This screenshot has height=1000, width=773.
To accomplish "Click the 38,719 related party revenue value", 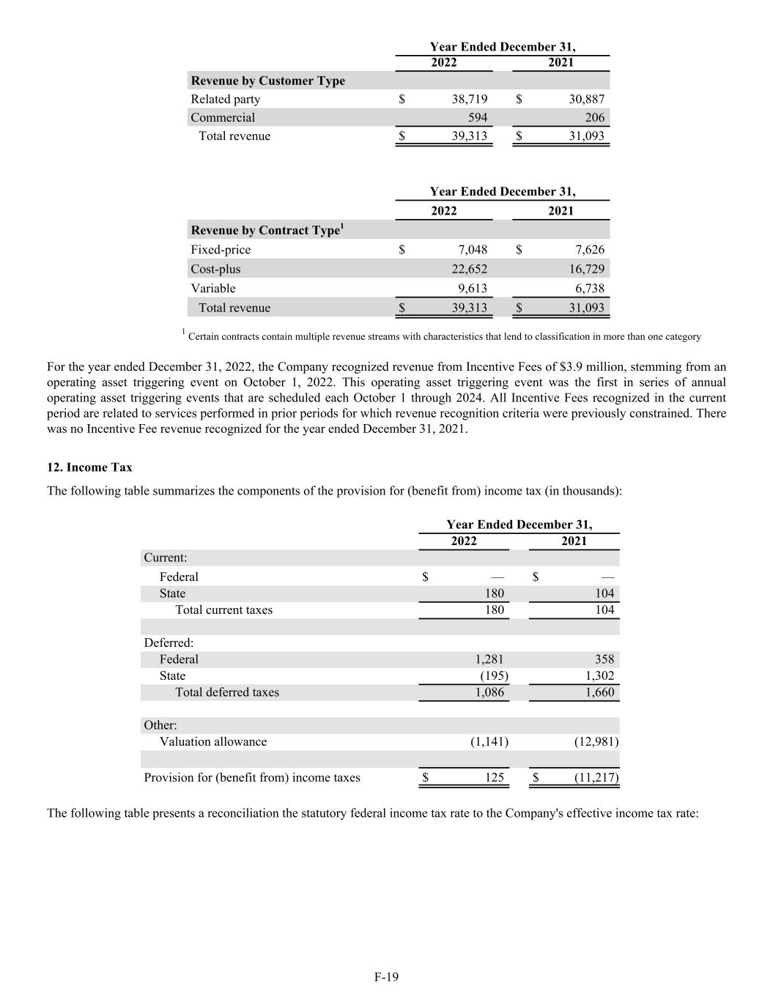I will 469,99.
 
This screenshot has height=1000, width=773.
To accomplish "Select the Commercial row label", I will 223,117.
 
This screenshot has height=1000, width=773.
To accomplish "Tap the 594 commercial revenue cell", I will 477,117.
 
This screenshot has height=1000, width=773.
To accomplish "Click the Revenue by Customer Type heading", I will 267,81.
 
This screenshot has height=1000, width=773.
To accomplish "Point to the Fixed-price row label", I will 221,250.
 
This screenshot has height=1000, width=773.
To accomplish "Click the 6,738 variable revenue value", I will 586,288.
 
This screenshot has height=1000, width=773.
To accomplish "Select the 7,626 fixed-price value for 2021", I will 586,250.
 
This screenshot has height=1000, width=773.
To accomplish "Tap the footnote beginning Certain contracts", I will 444,337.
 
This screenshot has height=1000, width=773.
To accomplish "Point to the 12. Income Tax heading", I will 89,467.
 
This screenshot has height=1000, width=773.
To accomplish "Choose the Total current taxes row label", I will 223,610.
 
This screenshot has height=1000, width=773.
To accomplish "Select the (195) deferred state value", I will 493,675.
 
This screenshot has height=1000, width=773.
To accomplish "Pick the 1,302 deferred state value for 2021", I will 600,675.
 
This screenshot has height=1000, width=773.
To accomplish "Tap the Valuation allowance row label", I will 213,741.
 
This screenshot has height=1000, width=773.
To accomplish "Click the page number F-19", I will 386,977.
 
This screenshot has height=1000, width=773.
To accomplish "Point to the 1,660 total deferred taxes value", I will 600,692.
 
